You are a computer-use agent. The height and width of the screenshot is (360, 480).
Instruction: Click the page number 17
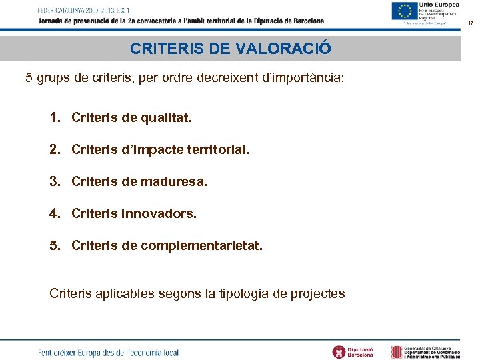coord(470,23)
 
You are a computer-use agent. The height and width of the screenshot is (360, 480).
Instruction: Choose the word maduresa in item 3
coord(177,182)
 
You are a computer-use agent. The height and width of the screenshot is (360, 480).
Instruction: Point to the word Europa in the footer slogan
coord(89,353)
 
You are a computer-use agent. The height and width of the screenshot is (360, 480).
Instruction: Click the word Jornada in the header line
coord(51,21)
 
